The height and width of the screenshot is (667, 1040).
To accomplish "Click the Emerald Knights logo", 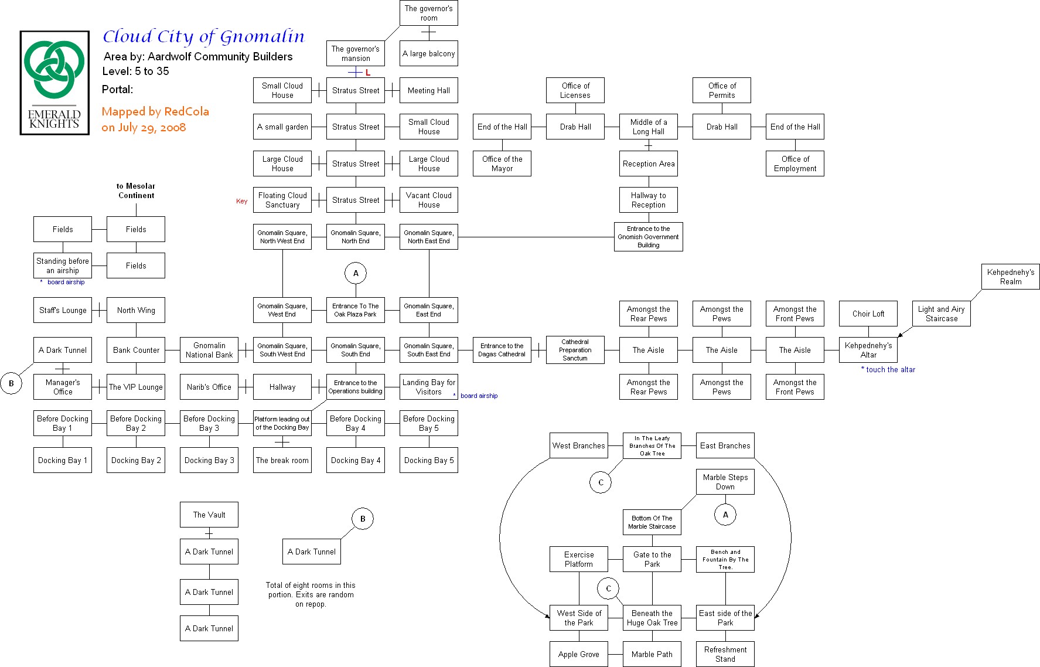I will click(x=54, y=83).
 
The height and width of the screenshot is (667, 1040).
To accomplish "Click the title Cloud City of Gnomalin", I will click(x=203, y=37).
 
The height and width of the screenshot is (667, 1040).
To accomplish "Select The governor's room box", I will click(x=428, y=13).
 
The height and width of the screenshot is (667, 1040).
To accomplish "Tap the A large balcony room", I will click(x=428, y=53).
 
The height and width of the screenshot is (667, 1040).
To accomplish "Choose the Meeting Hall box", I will click(x=428, y=90).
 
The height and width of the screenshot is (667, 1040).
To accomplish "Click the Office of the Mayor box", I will click(x=502, y=164).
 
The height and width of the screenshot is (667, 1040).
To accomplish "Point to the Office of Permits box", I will click(x=721, y=90).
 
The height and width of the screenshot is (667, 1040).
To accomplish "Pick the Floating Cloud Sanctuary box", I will click(x=282, y=200).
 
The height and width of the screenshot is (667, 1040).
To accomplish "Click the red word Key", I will click(x=241, y=201).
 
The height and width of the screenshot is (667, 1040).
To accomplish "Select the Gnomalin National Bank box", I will click(x=209, y=350).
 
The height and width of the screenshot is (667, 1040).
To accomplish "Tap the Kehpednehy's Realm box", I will click(x=1010, y=277).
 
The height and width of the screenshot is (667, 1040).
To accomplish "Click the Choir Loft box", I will click(x=868, y=314).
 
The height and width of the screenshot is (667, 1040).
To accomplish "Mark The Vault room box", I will click(x=209, y=515).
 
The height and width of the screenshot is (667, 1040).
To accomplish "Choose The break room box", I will click(x=282, y=460).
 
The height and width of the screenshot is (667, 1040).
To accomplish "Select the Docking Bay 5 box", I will click(x=428, y=460).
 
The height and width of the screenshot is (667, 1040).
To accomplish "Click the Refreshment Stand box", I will click(x=725, y=654).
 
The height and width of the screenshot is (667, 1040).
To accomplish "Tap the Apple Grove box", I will click(x=578, y=654).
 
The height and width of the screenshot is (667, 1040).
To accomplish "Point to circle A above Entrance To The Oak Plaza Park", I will click(x=356, y=273).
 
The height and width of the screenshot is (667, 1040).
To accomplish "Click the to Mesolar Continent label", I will click(x=135, y=191).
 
